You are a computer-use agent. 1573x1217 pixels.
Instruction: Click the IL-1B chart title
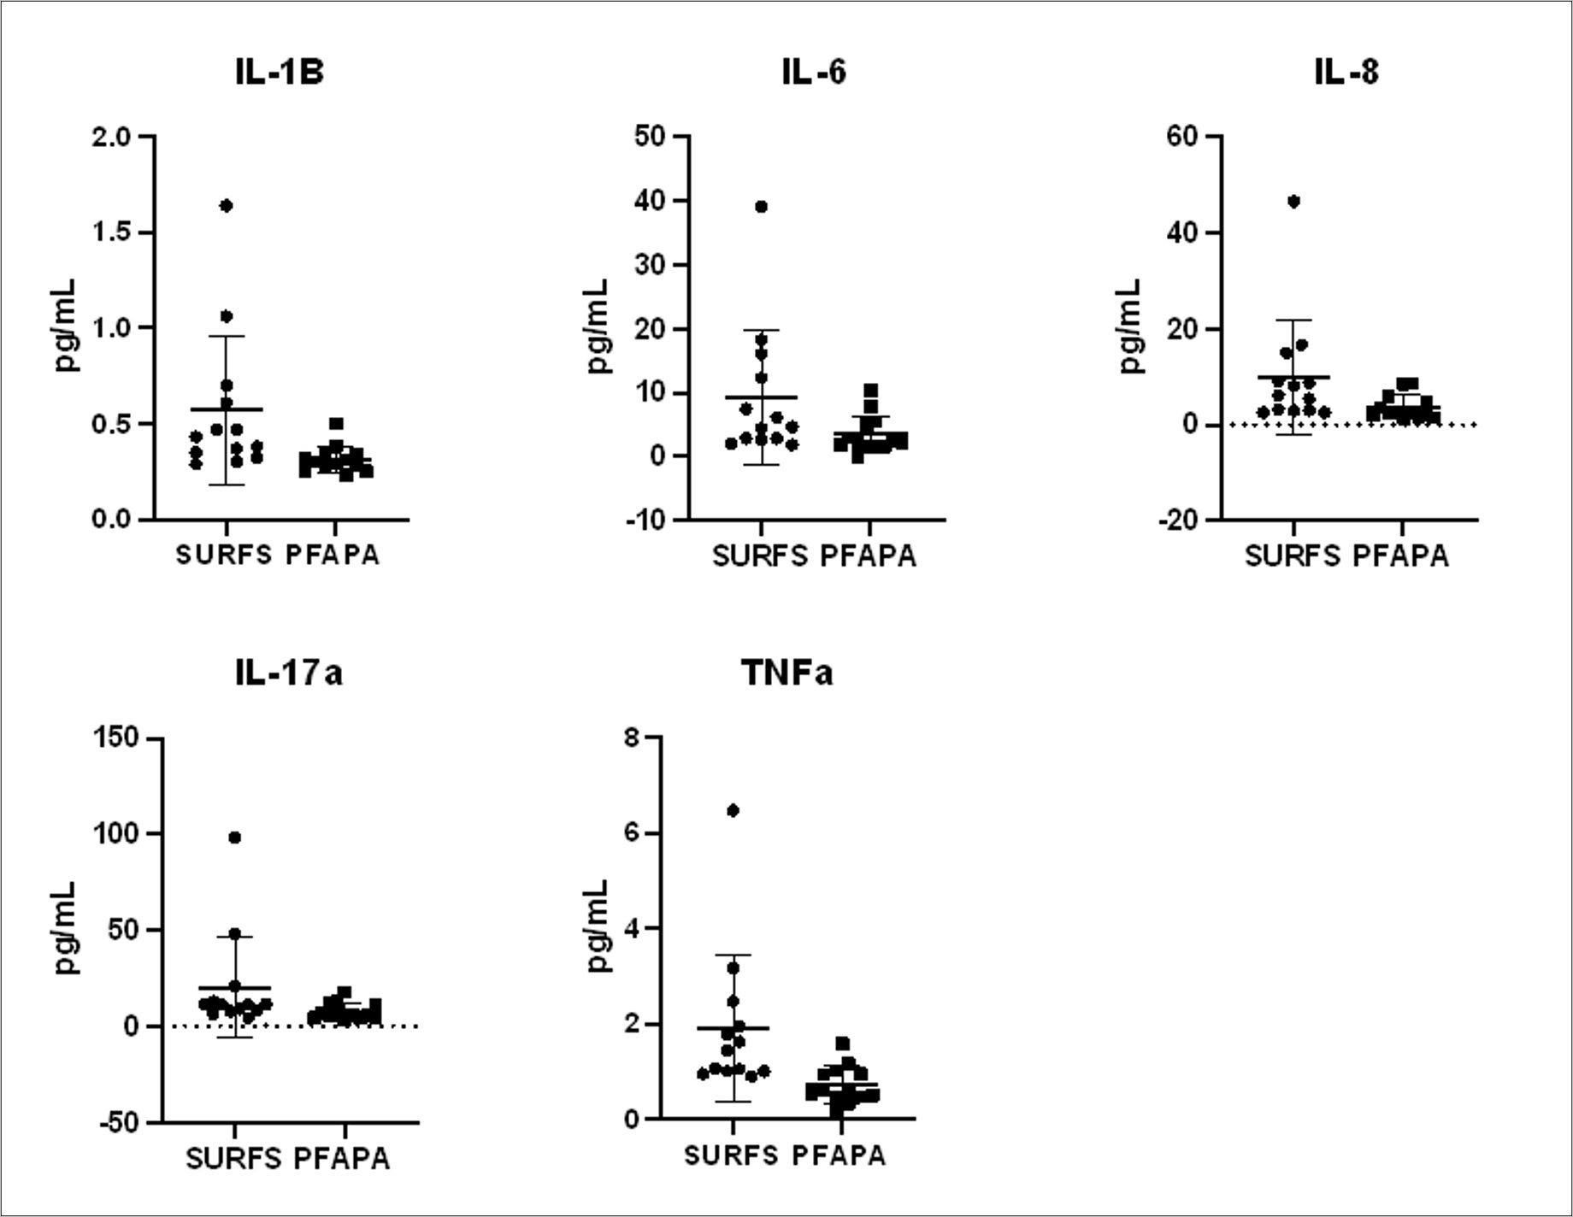click(x=280, y=73)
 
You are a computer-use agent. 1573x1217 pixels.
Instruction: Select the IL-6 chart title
click(x=813, y=73)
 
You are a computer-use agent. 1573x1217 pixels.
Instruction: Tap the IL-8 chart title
click(x=1346, y=73)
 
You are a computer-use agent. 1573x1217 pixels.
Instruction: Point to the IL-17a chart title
click(x=289, y=673)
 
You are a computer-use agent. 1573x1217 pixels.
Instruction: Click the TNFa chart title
click(x=786, y=673)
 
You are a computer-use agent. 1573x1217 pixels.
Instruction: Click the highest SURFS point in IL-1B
click(x=227, y=205)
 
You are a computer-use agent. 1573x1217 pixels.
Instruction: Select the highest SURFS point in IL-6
click(x=761, y=206)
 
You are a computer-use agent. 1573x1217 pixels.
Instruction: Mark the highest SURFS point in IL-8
click(x=1293, y=202)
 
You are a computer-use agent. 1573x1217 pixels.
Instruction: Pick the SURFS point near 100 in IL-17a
click(x=235, y=838)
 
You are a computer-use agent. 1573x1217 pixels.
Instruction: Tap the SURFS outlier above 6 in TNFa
click(x=733, y=810)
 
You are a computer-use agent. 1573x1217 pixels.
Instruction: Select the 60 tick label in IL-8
click(x=1183, y=137)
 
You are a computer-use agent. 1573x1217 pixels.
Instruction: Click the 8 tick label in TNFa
click(x=632, y=738)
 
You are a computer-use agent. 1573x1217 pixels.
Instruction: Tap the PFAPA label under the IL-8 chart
click(x=1401, y=556)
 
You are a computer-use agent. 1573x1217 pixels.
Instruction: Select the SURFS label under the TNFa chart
click(x=731, y=1156)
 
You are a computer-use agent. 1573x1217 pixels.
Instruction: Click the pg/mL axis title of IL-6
click(x=600, y=326)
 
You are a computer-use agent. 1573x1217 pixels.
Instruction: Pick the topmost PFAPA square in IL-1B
click(x=337, y=424)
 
